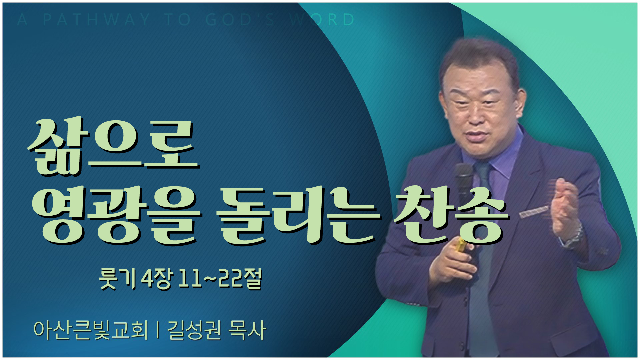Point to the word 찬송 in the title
(x=450, y=217)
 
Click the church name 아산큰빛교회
(x=91, y=330)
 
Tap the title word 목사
(x=247, y=330)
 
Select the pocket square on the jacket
(x=533, y=212)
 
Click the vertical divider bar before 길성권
(x=157, y=330)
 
